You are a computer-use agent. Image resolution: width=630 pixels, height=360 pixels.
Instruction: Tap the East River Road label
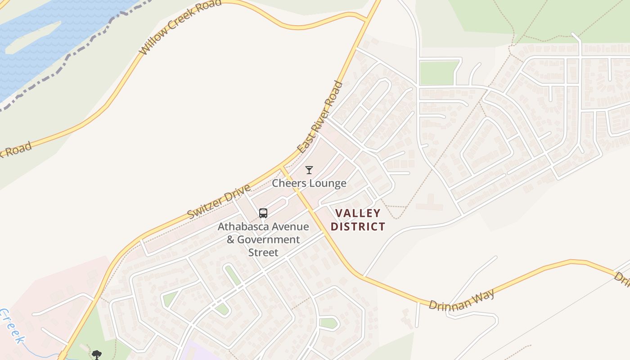[320, 117]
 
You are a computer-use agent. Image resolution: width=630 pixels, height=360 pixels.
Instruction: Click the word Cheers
[288, 183]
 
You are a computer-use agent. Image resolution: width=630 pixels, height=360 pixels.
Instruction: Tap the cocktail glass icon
[309, 170]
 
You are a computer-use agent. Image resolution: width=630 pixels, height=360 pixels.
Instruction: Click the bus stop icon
[263, 213]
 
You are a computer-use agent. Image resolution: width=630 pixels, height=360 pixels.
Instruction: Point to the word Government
[268, 239]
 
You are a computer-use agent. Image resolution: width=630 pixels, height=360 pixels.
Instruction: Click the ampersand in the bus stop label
[230, 239]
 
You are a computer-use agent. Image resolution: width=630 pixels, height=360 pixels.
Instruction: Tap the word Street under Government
[263, 252]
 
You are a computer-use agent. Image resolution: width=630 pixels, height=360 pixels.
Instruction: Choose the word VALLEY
[358, 213]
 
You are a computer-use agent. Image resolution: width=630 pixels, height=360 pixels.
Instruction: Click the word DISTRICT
[358, 226]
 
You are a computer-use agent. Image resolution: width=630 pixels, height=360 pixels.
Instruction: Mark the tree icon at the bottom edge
[96, 355]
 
